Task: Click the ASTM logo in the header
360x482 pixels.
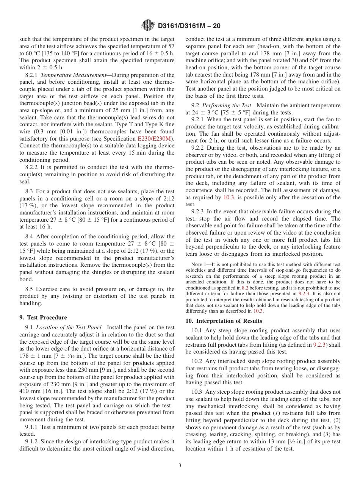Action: click(x=148, y=25)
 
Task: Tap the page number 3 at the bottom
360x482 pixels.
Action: click(x=180, y=465)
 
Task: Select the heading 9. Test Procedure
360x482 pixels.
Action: click(x=43, y=318)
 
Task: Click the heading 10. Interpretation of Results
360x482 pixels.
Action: click(x=224, y=321)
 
